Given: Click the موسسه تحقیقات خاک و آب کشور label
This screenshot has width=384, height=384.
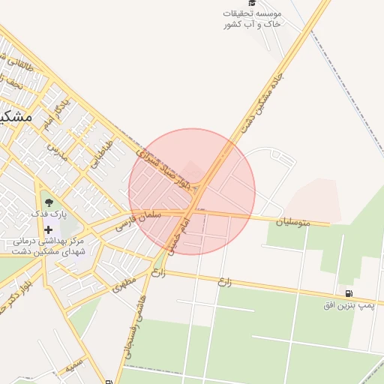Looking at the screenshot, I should point(252,19).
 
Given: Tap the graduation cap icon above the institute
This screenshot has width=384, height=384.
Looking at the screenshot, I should point(252,4).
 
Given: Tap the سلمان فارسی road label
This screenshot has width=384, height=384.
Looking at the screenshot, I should point(139,219).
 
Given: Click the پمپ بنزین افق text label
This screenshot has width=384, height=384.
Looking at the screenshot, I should point(349,305).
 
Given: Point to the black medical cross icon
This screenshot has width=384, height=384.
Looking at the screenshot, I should point(49,229).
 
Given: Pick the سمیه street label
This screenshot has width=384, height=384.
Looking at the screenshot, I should point(73,367).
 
